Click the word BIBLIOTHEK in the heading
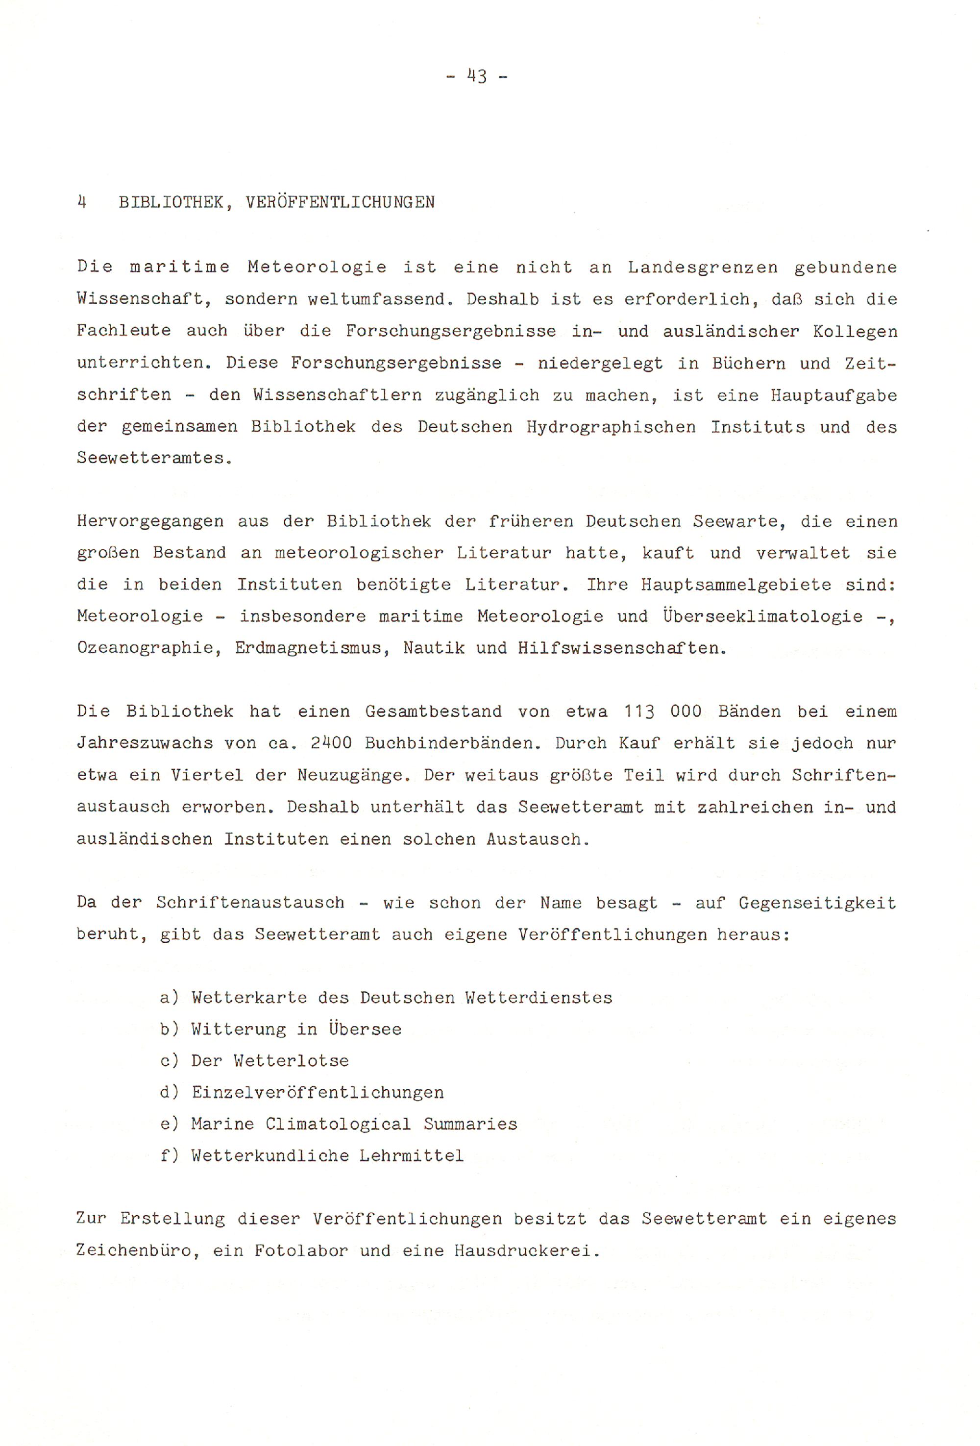pyautogui.click(x=171, y=203)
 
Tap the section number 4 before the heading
pyautogui.click(x=81, y=202)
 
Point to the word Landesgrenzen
pyautogui.click(x=703, y=268)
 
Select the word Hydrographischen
pyautogui.click(x=611, y=427)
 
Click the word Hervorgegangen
pyautogui.click(x=150, y=521)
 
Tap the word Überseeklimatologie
pyautogui.click(x=762, y=616)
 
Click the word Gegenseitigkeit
pyautogui.click(x=817, y=903)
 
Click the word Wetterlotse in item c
pyautogui.click(x=291, y=1061)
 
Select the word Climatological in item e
pyautogui.click(x=338, y=1125)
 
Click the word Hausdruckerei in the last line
pyautogui.click(x=526, y=1250)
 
